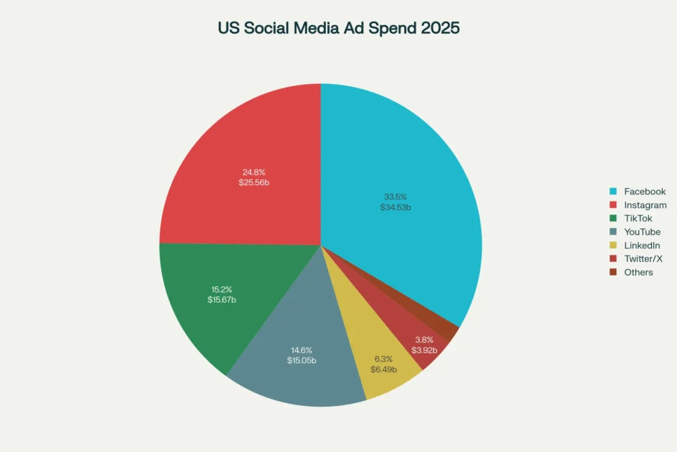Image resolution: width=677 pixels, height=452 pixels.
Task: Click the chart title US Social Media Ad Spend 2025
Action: point(338,28)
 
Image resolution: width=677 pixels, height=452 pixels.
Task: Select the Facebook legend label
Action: point(645,192)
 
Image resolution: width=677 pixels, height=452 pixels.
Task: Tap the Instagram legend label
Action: point(645,205)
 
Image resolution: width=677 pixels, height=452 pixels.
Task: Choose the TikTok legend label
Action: point(638,219)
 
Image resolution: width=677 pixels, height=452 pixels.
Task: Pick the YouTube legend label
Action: point(642,232)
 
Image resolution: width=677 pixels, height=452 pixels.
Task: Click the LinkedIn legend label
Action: point(642,245)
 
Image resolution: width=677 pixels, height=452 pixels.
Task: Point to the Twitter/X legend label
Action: point(643,259)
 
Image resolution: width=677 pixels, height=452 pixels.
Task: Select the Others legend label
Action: point(638,273)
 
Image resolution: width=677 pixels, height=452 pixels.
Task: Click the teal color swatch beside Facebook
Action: point(613,192)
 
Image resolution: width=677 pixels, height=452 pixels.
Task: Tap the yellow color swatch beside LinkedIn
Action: point(613,245)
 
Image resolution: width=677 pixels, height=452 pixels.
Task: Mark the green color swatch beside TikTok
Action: point(613,219)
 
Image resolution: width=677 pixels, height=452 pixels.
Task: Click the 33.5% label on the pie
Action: point(395,197)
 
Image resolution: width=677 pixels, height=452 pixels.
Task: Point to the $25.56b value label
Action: point(254,183)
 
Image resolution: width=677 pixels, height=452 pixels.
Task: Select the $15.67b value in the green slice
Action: point(221,299)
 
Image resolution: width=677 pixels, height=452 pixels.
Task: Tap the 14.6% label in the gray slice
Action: point(301,349)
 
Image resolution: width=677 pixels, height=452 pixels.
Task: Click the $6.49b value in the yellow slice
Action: point(385,369)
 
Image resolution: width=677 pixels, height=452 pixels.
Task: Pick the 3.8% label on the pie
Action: point(425,339)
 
